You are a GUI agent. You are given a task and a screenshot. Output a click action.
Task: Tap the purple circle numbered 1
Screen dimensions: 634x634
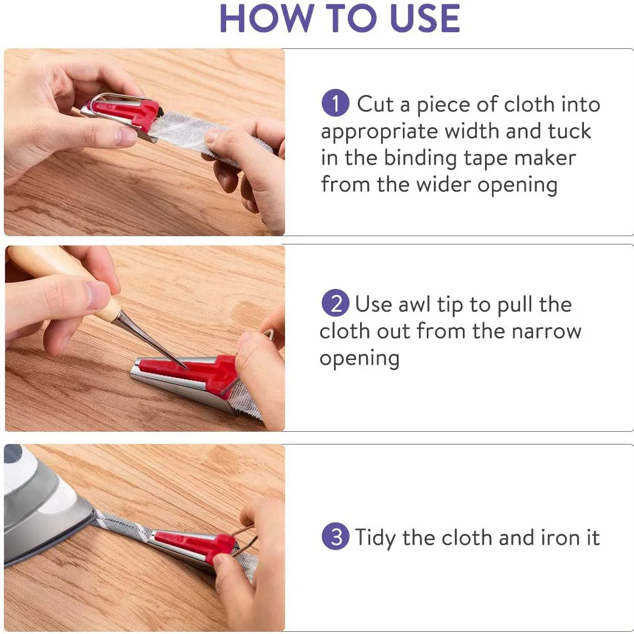tap(335, 103)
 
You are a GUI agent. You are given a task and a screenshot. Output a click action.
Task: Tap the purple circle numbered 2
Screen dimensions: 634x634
tap(335, 303)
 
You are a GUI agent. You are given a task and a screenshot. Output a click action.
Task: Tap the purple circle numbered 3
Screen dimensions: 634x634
tap(335, 537)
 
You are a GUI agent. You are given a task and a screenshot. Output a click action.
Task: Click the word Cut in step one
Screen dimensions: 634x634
tap(375, 104)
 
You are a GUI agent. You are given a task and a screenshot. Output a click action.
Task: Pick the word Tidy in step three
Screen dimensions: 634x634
tap(375, 538)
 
